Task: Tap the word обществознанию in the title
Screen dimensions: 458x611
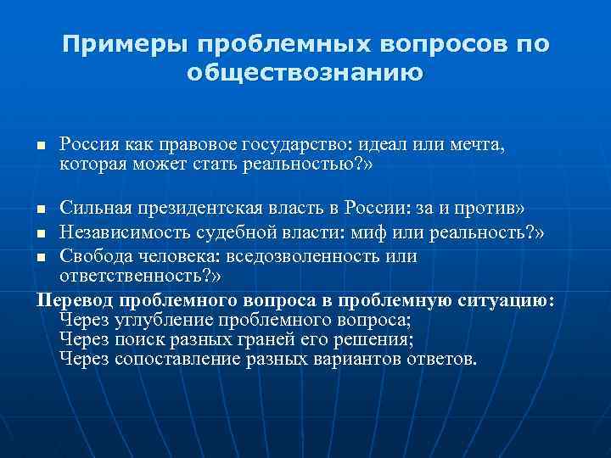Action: (x=304, y=74)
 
